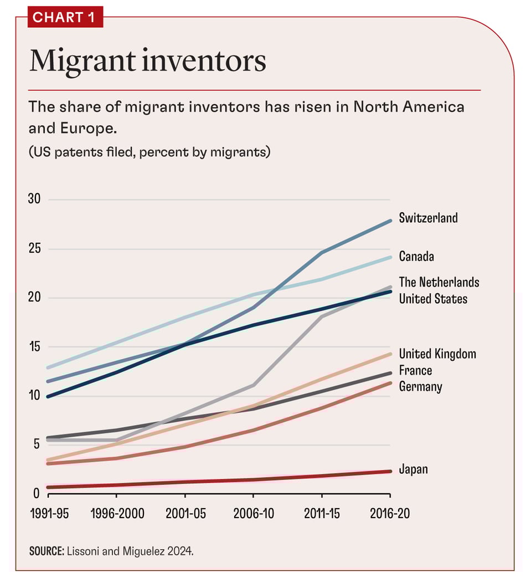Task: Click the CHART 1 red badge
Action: [65, 17]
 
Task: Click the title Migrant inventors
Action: [148, 62]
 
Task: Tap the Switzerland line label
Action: [428, 218]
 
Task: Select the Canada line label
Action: [416, 257]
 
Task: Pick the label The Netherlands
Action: [439, 282]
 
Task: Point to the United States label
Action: [432, 299]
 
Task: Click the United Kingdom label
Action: [437, 354]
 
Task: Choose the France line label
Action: [415, 370]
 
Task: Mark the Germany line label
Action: [420, 386]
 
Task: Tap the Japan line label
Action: [413, 469]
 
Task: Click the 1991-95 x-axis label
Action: [49, 513]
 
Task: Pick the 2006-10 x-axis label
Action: [253, 513]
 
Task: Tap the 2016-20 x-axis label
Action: [390, 513]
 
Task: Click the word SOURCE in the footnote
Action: [47, 551]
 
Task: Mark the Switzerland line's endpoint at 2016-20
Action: [390, 221]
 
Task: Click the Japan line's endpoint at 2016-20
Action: [390, 472]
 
